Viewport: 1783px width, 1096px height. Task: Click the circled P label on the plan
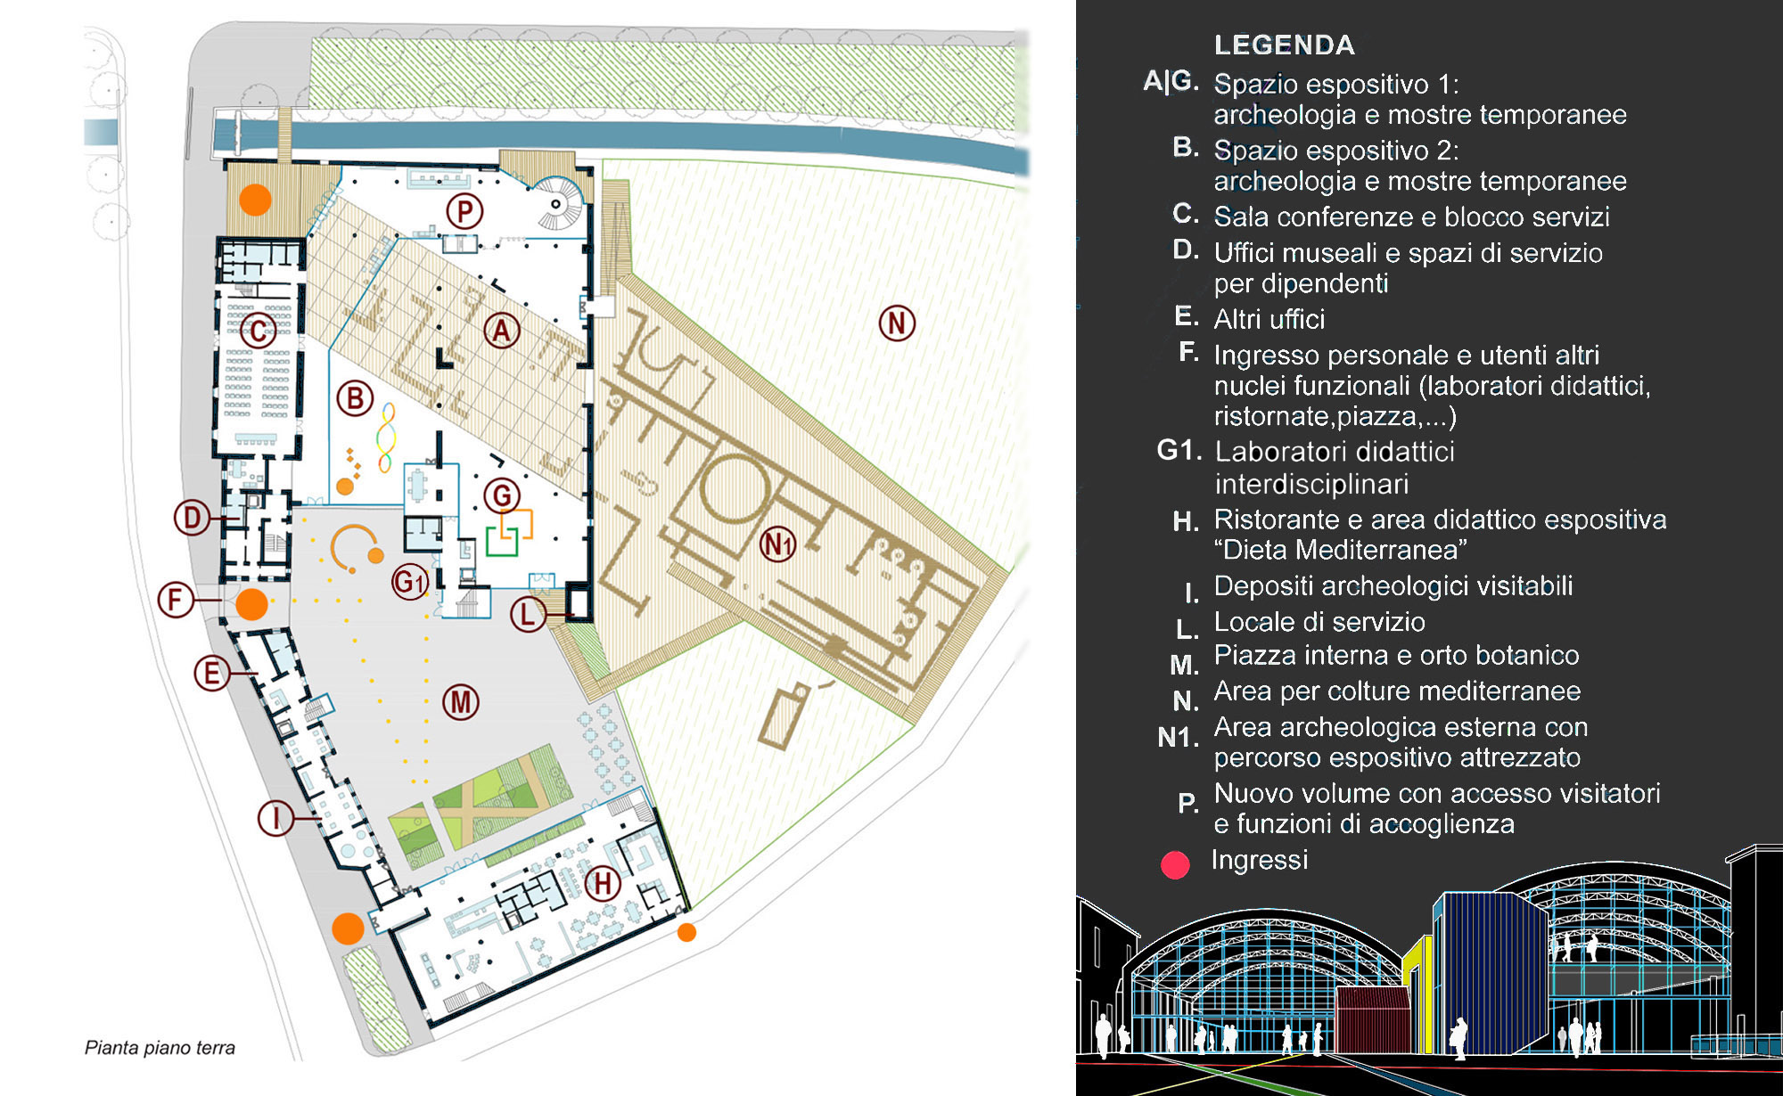(464, 212)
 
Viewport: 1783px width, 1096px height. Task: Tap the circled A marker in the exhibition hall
(502, 331)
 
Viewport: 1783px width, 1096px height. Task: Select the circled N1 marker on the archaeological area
(777, 544)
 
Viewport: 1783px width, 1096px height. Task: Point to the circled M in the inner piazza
(461, 702)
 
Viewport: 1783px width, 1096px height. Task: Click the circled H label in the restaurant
(603, 883)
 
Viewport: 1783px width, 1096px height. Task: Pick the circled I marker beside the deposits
(275, 817)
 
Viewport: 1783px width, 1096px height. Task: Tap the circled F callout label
(176, 600)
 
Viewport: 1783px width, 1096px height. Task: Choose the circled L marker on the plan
(529, 614)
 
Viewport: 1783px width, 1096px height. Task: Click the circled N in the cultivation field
(897, 323)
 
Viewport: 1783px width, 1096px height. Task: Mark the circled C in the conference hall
(259, 331)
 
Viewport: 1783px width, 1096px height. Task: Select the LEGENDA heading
(1284, 45)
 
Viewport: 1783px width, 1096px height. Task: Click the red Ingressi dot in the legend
(1175, 864)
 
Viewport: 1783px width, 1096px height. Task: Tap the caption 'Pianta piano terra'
(160, 1048)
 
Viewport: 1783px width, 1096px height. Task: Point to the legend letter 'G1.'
(1179, 450)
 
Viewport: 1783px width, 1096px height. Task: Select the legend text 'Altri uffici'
(1269, 319)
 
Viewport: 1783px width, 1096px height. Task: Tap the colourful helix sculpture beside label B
(386, 437)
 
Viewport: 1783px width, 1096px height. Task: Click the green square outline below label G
(502, 542)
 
